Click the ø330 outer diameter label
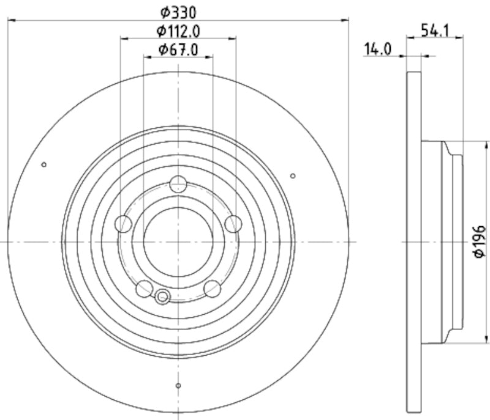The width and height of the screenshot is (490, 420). (x=178, y=11)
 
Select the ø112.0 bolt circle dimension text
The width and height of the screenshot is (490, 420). (x=178, y=30)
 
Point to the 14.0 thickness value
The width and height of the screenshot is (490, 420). (x=377, y=50)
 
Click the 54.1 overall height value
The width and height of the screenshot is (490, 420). (x=433, y=29)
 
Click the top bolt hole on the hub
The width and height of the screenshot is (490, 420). (x=178, y=183)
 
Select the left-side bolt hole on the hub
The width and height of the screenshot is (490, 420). (x=124, y=224)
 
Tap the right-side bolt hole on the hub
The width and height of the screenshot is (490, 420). (x=233, y=224)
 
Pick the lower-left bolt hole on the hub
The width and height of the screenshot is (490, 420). (x=145, y=288)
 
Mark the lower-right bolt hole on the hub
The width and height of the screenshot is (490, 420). (x=212, y=288)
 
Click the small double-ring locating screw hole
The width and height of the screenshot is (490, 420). (x=162, y=297)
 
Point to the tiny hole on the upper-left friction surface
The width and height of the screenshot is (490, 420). (x=43, y=164)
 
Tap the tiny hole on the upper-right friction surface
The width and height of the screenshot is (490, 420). (x=293, y=176)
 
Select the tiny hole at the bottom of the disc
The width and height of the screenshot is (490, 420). (x=178, y=385)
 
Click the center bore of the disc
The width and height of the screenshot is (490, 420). (x=178, y=241)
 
